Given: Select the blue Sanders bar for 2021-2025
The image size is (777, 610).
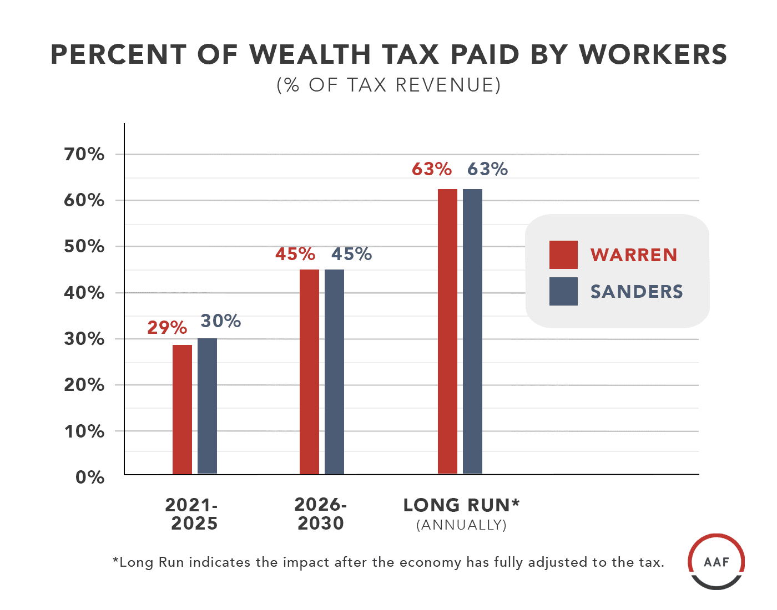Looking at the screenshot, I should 207,406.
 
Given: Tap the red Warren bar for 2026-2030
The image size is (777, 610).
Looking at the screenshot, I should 309,372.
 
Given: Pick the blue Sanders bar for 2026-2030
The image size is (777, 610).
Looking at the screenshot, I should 334,372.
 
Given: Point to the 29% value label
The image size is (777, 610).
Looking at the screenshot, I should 167,328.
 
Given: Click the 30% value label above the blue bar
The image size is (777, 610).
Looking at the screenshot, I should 220,321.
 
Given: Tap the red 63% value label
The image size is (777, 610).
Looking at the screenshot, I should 432,169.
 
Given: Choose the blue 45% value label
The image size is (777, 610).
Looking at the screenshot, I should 351,254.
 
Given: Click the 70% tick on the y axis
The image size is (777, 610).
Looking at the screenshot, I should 84,154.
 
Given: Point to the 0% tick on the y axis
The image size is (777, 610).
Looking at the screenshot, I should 90,477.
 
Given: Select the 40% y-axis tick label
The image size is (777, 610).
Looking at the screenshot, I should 84,293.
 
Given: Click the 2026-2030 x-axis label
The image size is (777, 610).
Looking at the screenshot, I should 321,514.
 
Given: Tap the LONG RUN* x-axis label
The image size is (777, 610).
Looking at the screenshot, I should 461,505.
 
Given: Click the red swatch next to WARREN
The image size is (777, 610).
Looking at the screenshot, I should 563,255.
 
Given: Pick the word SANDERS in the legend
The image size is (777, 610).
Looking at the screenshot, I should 637,292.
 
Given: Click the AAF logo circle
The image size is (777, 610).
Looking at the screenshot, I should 716,562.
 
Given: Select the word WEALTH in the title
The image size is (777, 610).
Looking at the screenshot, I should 310,55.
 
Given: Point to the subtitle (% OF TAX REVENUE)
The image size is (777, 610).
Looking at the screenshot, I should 389,85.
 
